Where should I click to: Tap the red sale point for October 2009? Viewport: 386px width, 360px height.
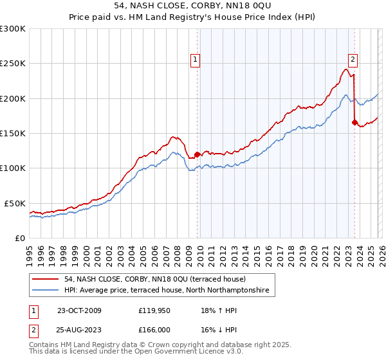click(197, 154)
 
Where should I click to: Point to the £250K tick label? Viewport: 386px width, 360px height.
click(13, 64)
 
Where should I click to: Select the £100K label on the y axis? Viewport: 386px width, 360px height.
click(13, 168)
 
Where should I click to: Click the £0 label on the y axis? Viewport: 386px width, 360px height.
click(21, 238)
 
